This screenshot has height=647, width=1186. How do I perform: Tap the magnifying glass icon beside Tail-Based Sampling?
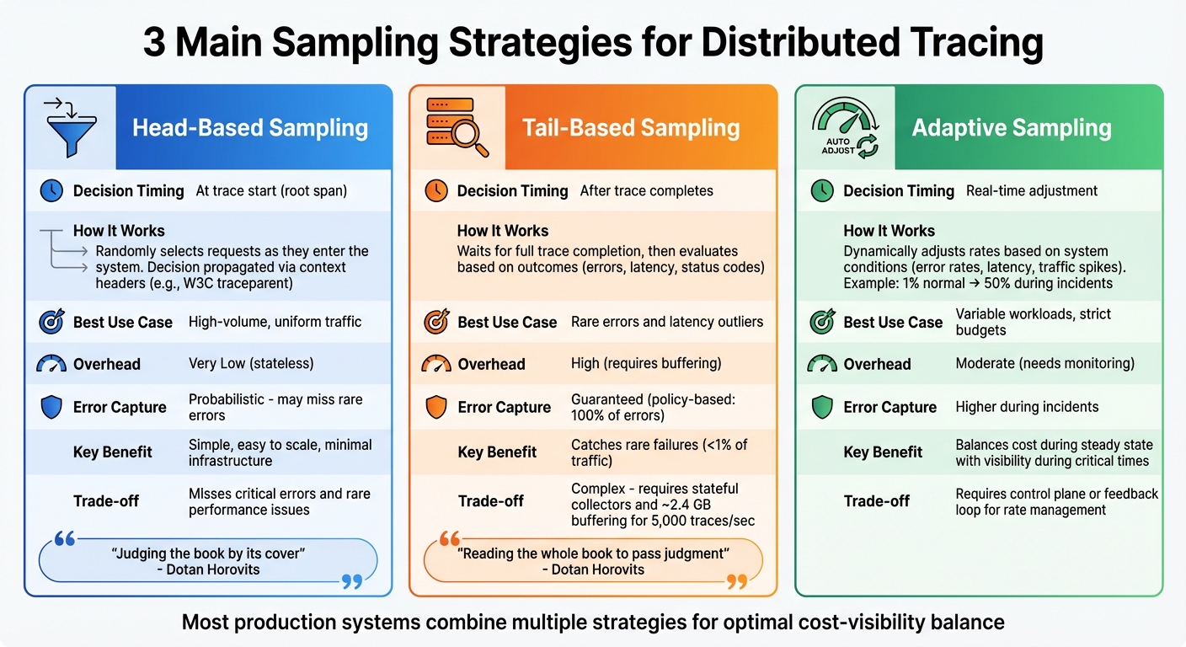coord(457,127)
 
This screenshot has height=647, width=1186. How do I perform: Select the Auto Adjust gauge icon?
coord(844,128)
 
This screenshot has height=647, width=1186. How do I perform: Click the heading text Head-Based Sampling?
coord(250,128)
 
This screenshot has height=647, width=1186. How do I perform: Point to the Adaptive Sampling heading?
coord(1012,128)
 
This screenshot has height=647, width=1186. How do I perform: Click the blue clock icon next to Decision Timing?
coord(51,191)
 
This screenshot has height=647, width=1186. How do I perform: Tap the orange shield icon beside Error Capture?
coord(435,408)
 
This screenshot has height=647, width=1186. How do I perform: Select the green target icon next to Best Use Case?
coord(821,322)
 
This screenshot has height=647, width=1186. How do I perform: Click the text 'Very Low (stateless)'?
coord(251,364)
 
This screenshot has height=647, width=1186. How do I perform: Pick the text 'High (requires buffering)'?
coord(646,364)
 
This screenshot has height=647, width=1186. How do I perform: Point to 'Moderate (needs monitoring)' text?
coord(1044,364)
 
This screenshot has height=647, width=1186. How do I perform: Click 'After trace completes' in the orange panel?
coord(646,191)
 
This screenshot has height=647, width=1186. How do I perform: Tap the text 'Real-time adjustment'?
coord(1031,191)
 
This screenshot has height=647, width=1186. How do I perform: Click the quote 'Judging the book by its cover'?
coord(208,553)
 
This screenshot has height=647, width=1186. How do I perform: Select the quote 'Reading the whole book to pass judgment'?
coord(592,553)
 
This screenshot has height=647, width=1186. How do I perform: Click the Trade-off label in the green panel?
coord(877,501)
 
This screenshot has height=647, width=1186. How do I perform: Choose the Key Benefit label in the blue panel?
coord(114,452)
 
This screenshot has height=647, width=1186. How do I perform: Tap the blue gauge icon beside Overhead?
coord(51,364)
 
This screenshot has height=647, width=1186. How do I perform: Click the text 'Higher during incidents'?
coord(1027,407)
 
